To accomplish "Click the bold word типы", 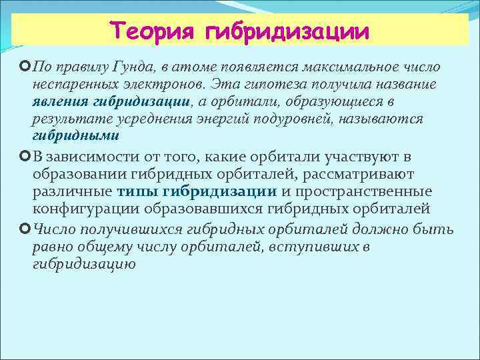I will pos(138,191).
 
